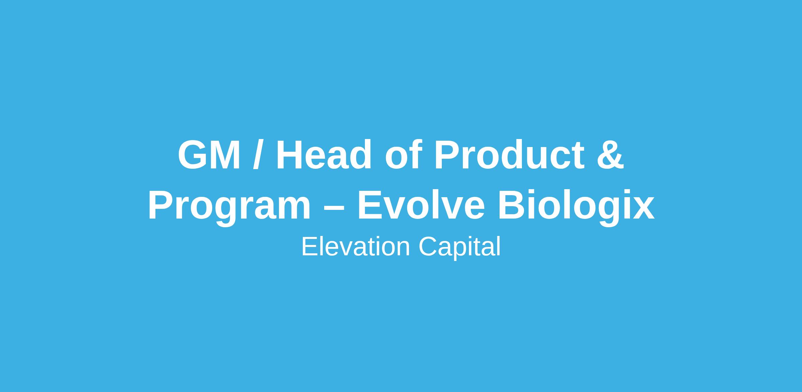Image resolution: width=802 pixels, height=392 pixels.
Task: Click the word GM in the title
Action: pos(209,155)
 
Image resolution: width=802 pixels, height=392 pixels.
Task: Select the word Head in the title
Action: pos(323,154)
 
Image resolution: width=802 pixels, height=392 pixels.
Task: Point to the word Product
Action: pos(509,154)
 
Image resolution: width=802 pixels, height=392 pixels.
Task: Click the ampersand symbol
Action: pos(611,155)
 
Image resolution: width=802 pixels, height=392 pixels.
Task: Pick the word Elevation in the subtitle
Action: pos(356,247)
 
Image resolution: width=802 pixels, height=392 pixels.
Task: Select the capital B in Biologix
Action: pos(512,206)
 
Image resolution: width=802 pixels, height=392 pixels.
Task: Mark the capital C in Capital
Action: pos(429,247)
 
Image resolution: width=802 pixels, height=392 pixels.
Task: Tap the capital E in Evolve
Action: pos(371,206)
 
